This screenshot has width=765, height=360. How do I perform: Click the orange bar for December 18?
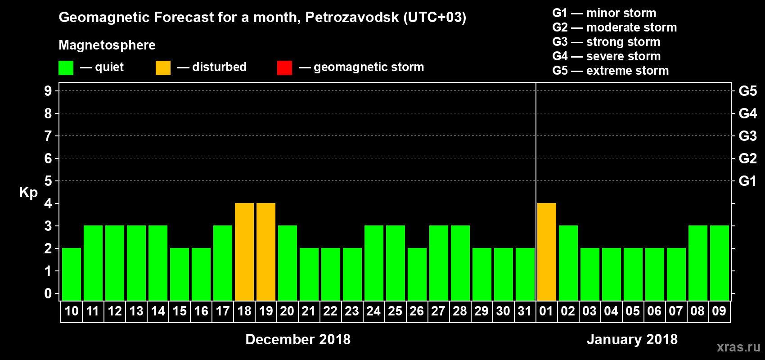coord(244,252)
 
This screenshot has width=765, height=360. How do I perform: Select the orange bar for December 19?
coord(266,252)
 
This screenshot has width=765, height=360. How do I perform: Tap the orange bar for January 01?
coord(547,252)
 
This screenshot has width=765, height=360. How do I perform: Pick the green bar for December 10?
coord(72,274)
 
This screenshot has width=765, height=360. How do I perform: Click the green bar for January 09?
coord(720,263)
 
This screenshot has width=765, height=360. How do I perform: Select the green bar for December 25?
coord(396,263)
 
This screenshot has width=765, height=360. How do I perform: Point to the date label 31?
coord(525,311)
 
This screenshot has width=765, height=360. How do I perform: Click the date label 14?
coord(158,311)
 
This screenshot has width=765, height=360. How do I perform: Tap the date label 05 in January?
coord(633,311)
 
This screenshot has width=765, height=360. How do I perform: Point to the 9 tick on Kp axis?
coord(48,91)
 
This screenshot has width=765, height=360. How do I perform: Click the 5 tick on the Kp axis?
coord(48,181)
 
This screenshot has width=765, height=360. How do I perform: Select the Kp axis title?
coord(28,193)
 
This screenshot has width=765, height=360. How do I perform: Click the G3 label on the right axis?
coord(747,136)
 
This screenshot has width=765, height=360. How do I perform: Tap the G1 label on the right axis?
coord(747,181)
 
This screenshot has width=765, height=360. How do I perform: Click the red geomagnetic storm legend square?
coord(284,68)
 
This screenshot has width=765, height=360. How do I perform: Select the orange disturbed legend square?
coord(163,68)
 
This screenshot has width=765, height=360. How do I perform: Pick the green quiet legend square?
coord(66,68)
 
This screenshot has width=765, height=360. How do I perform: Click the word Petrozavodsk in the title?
coord(352,17)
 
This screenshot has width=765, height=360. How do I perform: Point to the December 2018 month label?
coord(298,339)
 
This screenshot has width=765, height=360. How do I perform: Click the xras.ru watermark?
coord(738,347)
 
